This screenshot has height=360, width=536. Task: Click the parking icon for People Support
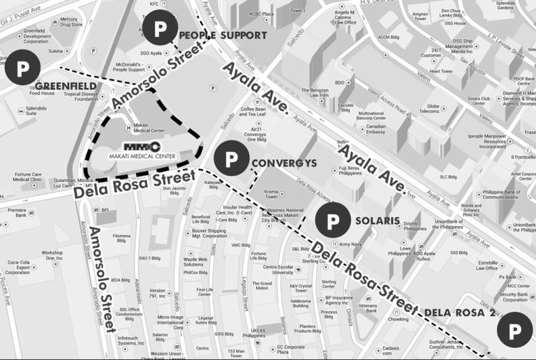[x=161, y=29]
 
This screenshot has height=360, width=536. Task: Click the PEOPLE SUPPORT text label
[x=223, y=35]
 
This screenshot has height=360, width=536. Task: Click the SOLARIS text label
[x=377, y=220]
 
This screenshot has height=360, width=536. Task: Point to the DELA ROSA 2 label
[x=460, y=313]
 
